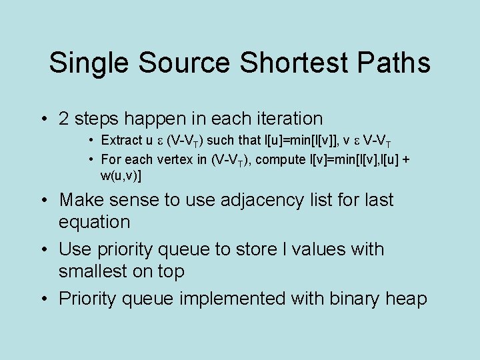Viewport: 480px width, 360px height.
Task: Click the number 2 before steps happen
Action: coord(64,119)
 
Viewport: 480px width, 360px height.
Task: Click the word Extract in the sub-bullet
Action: coord(121,141)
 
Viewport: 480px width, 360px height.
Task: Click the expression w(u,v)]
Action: coord(121,176)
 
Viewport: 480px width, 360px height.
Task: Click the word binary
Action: coord(347,299)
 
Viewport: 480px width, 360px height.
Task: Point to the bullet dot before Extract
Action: coord(90,141)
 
